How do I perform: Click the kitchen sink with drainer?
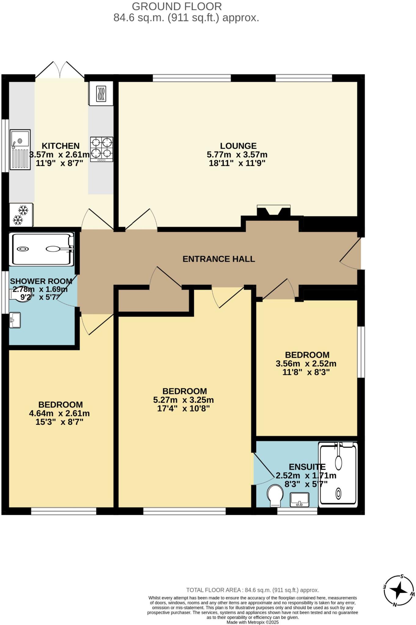click(x=20, y=149)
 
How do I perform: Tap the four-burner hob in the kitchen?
click(x=102, y=149)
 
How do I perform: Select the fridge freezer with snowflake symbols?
click(x=21, y=215)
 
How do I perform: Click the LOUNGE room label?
click(x=238, y=146)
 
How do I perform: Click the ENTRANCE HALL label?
click(x=219, y=259)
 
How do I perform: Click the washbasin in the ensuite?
click(x=300, y=500)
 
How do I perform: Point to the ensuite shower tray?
click(x=338, y=475)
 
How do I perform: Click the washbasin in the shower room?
click(x=15, y=320)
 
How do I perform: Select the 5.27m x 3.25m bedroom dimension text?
click(x=183, y=400)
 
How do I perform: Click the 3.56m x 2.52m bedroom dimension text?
click(x=306, y=364)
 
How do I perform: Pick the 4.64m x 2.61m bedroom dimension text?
click(x=60, y=414)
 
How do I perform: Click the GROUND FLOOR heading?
click(x=177, y=6)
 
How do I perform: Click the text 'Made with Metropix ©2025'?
click(x=252, y=622)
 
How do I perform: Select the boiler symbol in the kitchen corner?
click(x=101, y=94)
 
